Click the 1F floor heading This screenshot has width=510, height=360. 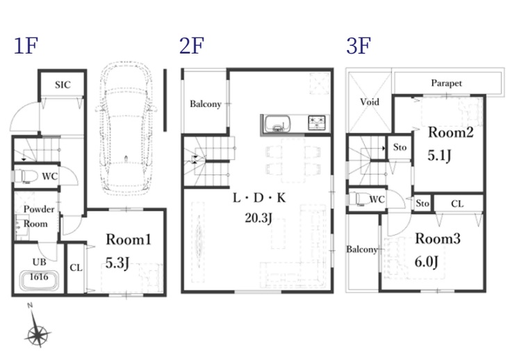(x=26, y=46)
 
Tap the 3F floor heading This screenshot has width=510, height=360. (x=359, y=46)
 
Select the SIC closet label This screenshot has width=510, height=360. (x=63, y=85)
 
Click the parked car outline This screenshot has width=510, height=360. (x=126, y=128)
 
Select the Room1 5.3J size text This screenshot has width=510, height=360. (x=117, y=263)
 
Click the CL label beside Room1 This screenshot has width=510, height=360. (x=76, y=268)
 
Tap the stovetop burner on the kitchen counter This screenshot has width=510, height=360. (x=316, y=123)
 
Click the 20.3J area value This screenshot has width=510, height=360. (x=258, y=218)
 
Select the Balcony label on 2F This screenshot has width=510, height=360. (x=206, y=104)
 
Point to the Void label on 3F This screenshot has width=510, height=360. (x=370, y=102)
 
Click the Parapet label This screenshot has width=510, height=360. (x=446, y=83)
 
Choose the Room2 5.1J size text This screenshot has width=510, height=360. (x=439, y=156)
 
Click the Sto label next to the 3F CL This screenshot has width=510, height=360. (x=422, y=204)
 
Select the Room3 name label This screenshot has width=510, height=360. (x=438, y=238)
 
